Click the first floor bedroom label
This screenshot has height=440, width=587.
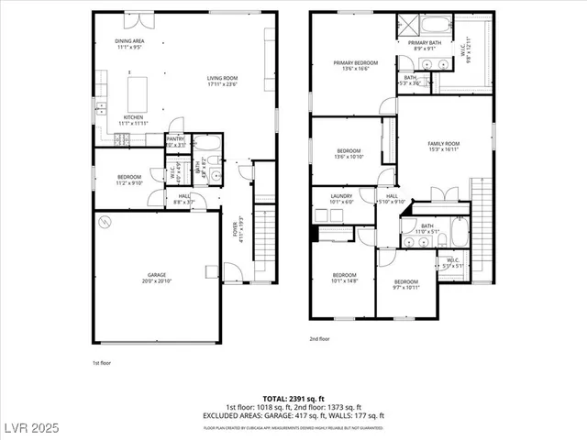(x=129, y=180)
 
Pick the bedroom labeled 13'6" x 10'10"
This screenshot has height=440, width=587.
(x=349, y=153)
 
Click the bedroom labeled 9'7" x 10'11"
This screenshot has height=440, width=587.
(x=405, y=284)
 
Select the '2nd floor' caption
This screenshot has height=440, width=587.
(x=319, y=338)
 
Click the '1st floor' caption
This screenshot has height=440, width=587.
(x=101, y=364)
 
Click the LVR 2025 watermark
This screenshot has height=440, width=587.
(x=29, y=429)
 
